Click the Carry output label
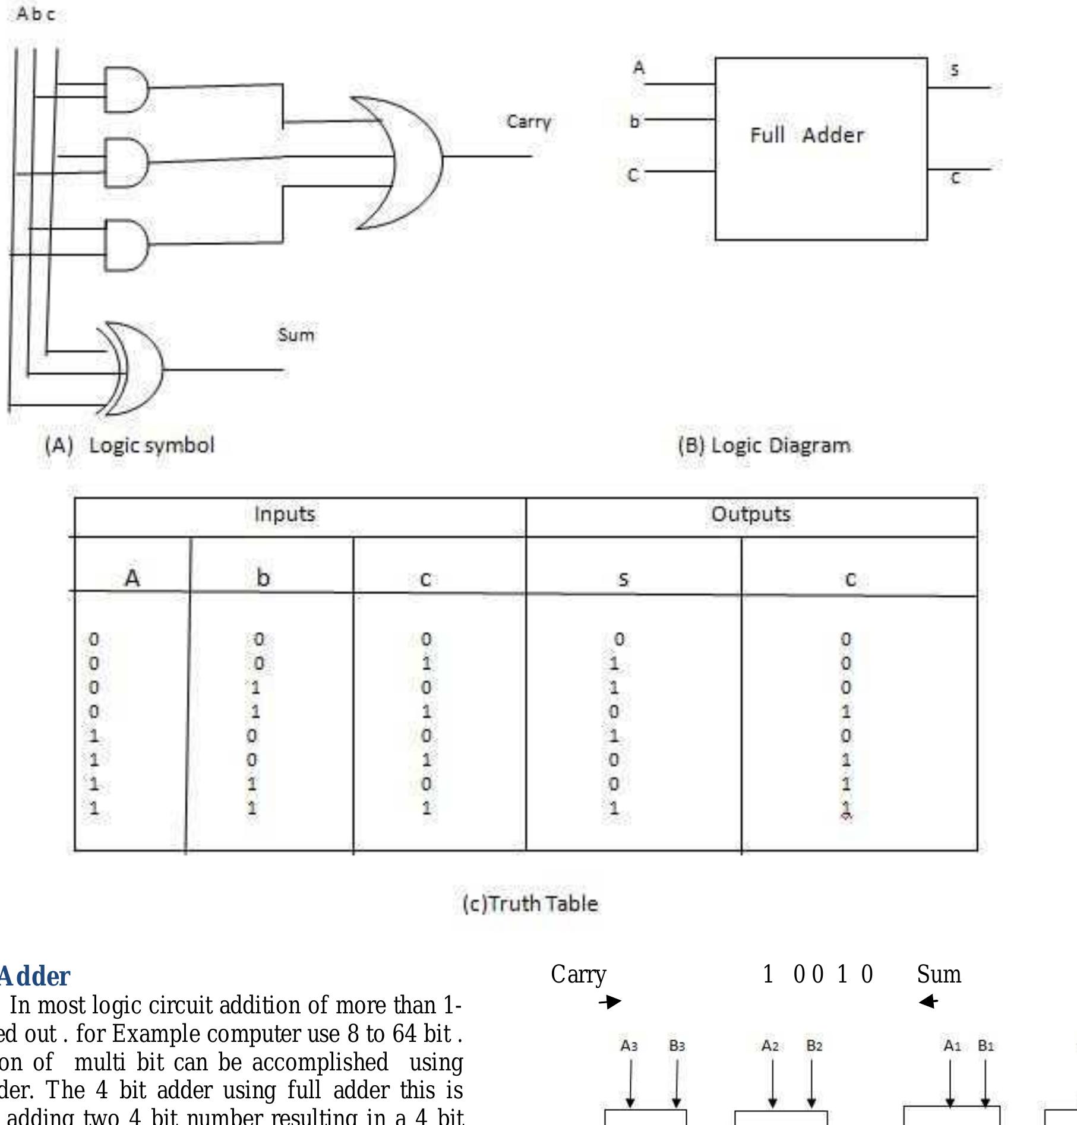[x=528, y=122]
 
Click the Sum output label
[x=296, y=335]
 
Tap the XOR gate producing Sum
[x=134, y=369]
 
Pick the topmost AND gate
[x=126, y=90]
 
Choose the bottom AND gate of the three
[x=126, y=245]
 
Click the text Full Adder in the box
[x=807, y=135]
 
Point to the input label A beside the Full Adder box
[x=639, y=67]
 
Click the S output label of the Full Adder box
[x=954, y=70]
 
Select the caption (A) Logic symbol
[x=130, y=445]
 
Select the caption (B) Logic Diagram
[x=764, y=445]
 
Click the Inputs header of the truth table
[x=285, y=514]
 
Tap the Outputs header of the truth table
[x=751, y=514]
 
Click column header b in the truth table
[x=263, y=577]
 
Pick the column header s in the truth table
[x=623, y=579]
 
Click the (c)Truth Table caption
[x=530, y=904]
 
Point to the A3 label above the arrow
[x=629, y=1045]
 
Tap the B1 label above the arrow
[x=986, y=1045]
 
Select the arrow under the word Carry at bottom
[x=610, y=1002]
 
